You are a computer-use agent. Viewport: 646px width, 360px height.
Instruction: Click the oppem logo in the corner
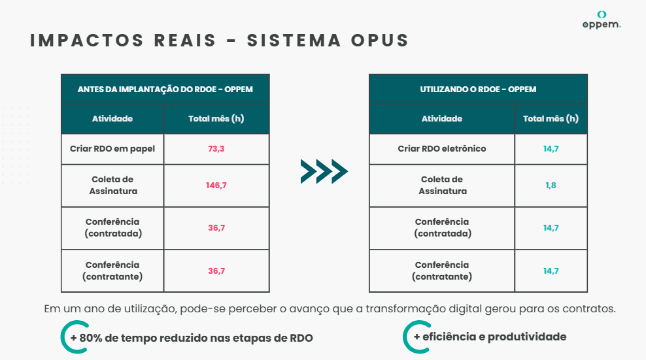point(602,20)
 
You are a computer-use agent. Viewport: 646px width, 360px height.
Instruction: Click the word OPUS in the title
point(379,41)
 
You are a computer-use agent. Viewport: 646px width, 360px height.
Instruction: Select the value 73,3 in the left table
point(216,149)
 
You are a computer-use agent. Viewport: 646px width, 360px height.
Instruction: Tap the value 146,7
point(216,186)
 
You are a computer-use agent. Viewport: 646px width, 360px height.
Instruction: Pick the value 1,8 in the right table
point(551,186)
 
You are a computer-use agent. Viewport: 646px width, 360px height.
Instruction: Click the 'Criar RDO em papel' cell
point(112,149)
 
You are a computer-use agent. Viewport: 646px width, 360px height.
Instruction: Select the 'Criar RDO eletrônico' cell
point(441,149)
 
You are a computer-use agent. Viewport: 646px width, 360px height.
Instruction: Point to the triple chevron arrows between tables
point(324,171)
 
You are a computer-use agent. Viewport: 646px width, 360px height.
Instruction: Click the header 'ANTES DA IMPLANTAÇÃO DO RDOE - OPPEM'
point(165,90)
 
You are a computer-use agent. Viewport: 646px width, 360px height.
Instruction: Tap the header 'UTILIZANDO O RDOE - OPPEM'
point(478,90)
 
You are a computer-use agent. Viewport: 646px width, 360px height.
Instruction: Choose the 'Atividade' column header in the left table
point(112,119)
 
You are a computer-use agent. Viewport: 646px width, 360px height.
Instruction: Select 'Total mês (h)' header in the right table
point(551,119)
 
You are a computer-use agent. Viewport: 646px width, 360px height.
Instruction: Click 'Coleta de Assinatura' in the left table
point(113,186)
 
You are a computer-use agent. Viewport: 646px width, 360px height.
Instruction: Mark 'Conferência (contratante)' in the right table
point(442,270)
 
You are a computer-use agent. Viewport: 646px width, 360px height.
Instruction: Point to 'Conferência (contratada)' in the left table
point(113,228)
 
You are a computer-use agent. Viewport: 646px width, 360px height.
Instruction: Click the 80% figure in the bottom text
point(91,338)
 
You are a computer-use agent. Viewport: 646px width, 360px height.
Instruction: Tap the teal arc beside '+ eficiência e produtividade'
point(406,337)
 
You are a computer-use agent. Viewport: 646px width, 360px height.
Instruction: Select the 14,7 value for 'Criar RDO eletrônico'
point(551,149)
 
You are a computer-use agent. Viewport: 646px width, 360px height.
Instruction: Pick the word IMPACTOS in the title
point(87,41)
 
